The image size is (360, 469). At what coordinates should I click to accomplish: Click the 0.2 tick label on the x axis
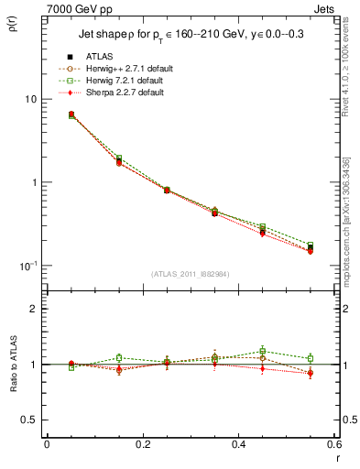click(142, 444)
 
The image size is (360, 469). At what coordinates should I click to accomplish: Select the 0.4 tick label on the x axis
click(238, 444)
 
